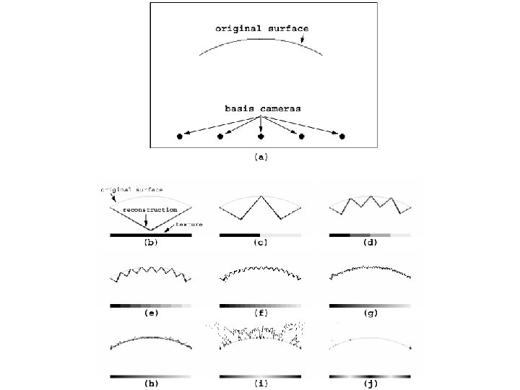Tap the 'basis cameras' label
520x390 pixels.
coord(262,108)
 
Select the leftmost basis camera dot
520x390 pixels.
coord(180,136)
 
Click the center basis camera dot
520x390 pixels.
coord(261,136)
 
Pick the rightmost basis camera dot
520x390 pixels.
coord(342,136)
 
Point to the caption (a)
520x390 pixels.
coord(261,157)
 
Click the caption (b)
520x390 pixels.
coord(151,243)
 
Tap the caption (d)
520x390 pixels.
coord(370,243)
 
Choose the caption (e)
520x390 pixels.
coord(151,314)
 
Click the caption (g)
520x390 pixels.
coord(370,314)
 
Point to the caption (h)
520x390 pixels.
coord(151,384)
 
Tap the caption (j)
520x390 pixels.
coord(370,384)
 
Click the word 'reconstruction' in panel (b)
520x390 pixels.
coord(149,209)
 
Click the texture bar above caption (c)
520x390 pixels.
coord(260,235)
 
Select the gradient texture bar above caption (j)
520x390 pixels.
coord(370,376)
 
